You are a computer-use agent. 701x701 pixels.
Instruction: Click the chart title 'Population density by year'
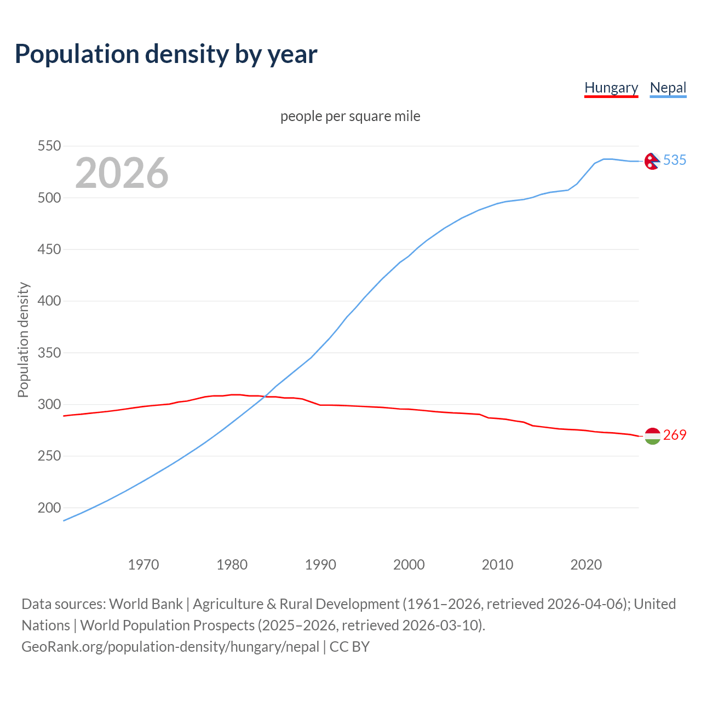tap(166, 54)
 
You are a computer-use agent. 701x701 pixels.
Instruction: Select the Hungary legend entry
tap(611, 88)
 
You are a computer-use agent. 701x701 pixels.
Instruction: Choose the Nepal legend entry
tap(668, 88)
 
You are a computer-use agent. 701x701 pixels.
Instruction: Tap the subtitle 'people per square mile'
tap(350, 116)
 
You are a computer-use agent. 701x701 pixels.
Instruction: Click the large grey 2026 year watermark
tap(122, 173)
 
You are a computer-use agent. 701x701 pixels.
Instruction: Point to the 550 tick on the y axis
tap(49, 146)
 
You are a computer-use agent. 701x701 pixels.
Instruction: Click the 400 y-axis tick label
tap(49, 301)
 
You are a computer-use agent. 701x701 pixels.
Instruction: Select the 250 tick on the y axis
tap(49, 456)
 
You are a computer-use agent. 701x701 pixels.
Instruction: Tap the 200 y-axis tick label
tap(49, 508)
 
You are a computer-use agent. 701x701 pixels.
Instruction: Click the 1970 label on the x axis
tap(143, 565)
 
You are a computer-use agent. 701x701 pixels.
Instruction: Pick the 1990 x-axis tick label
tap(320, 565)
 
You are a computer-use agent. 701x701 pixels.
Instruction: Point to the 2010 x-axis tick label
tap(497, 565)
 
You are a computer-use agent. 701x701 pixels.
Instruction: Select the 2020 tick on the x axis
tap(586, 565)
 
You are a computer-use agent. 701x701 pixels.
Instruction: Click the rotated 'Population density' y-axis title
tap(23, 340)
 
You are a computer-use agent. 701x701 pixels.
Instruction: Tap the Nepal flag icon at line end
tap(652, 161)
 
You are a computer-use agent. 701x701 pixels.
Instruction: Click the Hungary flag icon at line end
tap(652, 436)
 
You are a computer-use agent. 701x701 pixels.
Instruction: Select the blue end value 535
tap(675, 160)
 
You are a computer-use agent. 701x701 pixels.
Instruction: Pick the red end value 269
tap(675, 435)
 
